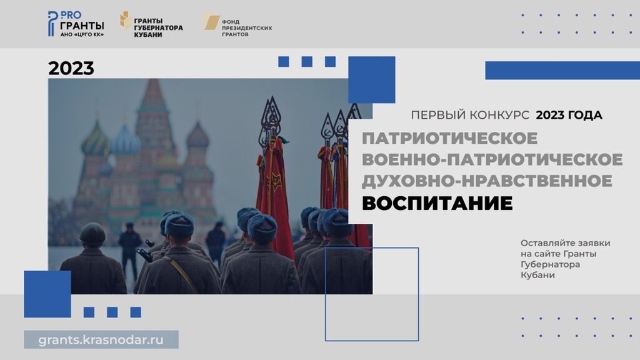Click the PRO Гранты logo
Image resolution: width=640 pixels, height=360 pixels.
click(x=76, y=24)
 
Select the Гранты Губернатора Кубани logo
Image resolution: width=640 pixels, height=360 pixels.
click(x=151, y=25)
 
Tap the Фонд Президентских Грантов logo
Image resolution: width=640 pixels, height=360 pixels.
click(x=237, y=24)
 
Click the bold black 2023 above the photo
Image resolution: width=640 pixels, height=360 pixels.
click(x=71, y=68)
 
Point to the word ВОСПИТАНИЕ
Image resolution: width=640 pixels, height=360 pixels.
click(x=437, y=203)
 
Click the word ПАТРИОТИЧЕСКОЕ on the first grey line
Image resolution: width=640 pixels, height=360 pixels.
click(x=450, y=138)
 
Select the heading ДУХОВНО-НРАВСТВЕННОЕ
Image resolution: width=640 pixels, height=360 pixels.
click(x=487, y=181)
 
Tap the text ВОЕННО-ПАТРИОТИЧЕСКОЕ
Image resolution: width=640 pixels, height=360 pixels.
click(x=492, y=159)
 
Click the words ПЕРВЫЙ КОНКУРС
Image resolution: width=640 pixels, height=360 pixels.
click(x=470, y=115)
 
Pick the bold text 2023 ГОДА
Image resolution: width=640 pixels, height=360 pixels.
click(x=569, y=115)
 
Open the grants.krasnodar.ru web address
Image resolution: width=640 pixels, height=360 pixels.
click(x=101, y=339)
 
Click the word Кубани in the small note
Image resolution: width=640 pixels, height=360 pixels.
click(x=537, y=275)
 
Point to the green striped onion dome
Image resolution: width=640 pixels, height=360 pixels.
click(x=96, y=141)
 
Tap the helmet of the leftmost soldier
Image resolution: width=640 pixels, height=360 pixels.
click(x=92, y=233)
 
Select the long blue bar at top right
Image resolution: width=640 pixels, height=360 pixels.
click(x=562, y=70)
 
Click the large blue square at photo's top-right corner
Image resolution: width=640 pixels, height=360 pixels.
click(x=371, y=79)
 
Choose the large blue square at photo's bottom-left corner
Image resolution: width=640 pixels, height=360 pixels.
click(x=47, y=294)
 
